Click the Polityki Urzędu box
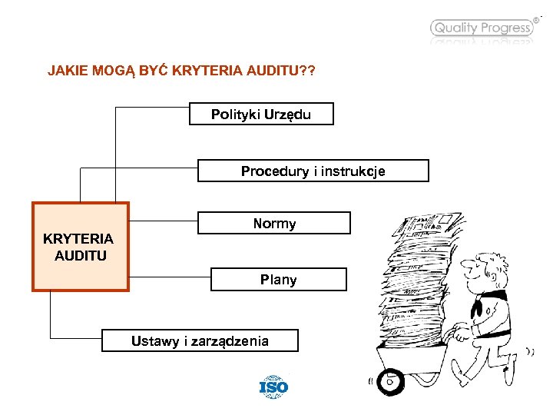tap(261, 114)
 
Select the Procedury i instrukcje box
tap(313, 171)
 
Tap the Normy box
tap(274, 223)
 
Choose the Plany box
tap(278, 279)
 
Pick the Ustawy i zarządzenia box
tap(200, 340)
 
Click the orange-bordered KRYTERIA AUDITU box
tap(80, 247)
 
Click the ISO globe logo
tap(273, 386)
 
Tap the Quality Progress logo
tap(482, 28)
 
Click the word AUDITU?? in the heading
tap(280, 71)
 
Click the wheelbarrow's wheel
tap(389, 380)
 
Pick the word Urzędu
tap(288, 114)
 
